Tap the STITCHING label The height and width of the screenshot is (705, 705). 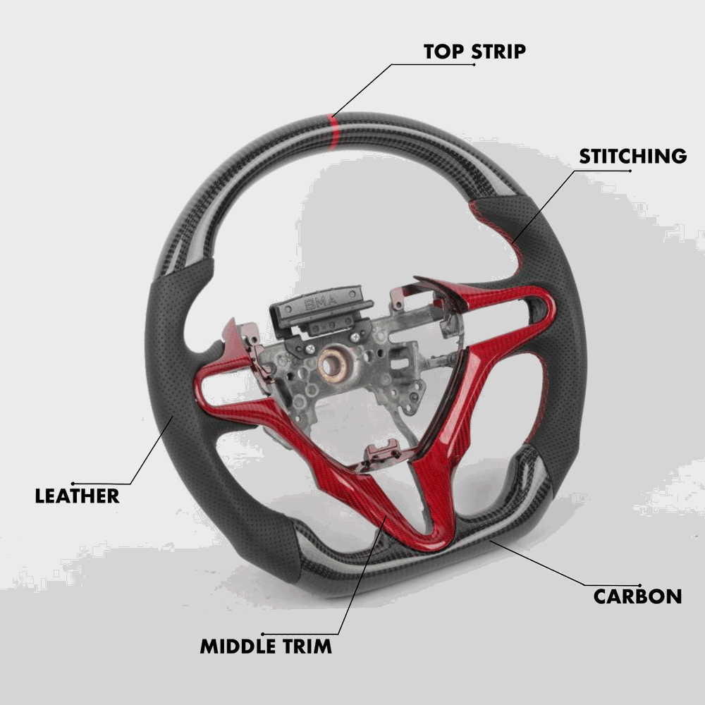point(632,156)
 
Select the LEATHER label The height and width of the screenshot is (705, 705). point(77,496)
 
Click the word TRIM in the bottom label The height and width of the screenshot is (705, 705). point(308,646)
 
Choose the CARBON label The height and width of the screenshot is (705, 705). point(637,596)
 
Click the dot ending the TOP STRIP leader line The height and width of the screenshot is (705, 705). point(474,65)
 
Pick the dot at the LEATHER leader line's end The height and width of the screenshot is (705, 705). point(73,483)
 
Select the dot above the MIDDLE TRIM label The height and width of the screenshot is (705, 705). point(262,633)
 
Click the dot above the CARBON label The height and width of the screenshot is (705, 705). point(639,584)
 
